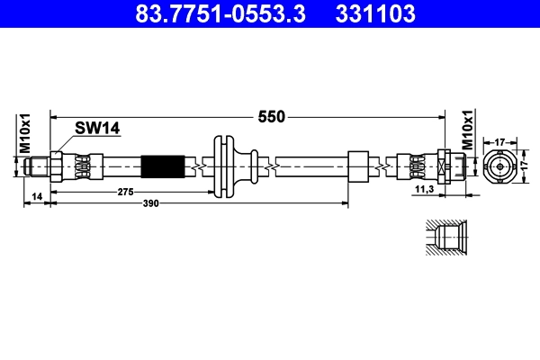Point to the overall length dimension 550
pos(272,116)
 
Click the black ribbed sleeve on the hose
pos(163,166)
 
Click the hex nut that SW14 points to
pos(58,166)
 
